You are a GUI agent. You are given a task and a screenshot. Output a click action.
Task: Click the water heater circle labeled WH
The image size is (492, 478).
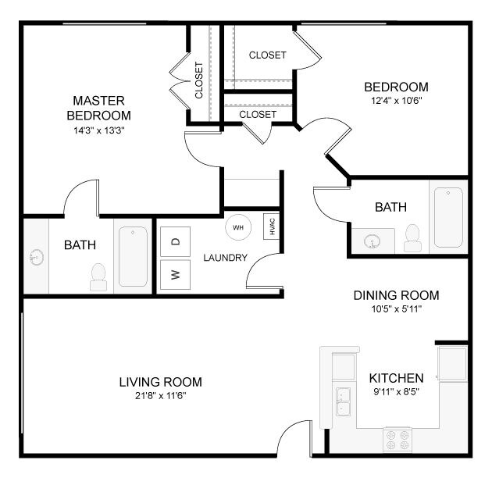coord(239,227)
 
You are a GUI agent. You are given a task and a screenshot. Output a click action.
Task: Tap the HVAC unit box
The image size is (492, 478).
coord(272,227)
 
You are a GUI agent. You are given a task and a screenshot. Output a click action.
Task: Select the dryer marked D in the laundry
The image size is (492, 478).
coord(176,242)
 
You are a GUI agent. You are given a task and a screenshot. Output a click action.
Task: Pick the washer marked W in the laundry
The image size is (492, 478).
coord(176,275)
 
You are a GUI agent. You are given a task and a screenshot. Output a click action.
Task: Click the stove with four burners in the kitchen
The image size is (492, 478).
coord(398,439)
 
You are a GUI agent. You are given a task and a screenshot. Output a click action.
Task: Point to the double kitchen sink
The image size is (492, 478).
coord(342,401)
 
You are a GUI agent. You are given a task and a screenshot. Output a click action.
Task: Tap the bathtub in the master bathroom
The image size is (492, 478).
coord(134,256)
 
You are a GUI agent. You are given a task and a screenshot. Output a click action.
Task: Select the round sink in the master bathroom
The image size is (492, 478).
coord(35,257)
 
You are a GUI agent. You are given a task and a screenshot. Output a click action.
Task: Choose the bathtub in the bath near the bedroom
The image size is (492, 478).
coord(449,216)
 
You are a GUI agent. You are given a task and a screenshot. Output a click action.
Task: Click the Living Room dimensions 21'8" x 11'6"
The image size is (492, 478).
coord(160,396)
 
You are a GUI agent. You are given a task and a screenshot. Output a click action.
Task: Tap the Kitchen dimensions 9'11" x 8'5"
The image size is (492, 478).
coord(396,391)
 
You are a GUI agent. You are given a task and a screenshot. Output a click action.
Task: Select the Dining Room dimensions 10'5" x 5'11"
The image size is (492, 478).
coord(396,309)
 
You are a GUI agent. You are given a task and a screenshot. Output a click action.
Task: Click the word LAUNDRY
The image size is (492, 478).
coord(226,258)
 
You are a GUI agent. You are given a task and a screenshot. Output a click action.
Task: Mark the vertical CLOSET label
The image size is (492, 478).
coord(199,80)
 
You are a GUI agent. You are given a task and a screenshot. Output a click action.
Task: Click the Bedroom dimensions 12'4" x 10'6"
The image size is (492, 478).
coord(396,101)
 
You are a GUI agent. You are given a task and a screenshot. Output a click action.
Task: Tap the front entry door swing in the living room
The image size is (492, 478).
coord(298,437)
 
